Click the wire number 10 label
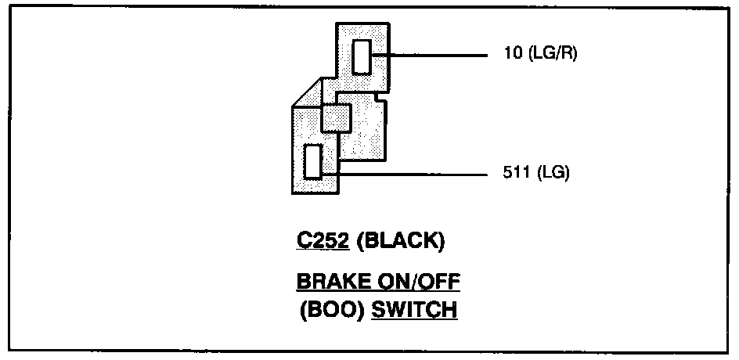pos(511,55)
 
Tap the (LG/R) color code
pos(551,55)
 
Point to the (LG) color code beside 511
pos(553,173)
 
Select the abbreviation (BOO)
pos(328,309)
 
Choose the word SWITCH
pos(414,309)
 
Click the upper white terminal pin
pos(362,56)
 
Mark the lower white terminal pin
pos(313,162)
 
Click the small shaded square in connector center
pos(337,118)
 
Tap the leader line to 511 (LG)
pos(415,173)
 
